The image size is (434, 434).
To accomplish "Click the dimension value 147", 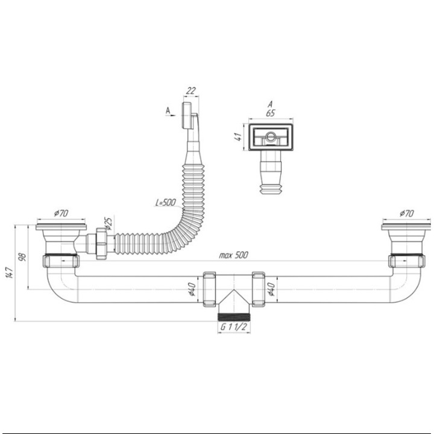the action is (10, 273).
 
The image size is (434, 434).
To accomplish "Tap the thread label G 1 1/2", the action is (234, 327).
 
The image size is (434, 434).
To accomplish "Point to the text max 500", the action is (234, 255).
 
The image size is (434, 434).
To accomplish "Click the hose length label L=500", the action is (166, 203).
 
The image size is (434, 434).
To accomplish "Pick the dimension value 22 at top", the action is (191, 90).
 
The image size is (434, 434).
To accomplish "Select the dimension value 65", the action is (271, 113).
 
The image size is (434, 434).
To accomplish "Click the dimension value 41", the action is (238, 137).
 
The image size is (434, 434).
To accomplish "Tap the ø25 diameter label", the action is (108, 224).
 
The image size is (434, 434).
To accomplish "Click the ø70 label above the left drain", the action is (61, 213).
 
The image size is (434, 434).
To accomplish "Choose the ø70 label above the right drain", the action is (407, 213).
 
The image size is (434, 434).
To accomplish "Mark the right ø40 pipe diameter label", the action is (271, 289).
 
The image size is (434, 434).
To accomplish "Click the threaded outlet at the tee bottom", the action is (234, 317).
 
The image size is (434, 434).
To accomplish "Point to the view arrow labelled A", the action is (171, 115).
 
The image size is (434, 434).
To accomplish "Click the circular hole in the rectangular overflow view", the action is (270, 136).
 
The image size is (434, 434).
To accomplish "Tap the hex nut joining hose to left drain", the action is (101, 244).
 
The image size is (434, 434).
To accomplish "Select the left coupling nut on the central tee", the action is (210, 289).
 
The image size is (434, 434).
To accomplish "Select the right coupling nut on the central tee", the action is (259, 289).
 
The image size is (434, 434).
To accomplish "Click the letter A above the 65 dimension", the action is (271, 104).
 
